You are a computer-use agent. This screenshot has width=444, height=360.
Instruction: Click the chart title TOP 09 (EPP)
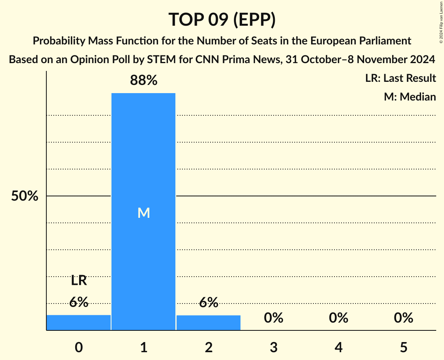coord(222,19)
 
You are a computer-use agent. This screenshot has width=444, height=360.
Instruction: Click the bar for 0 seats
coord(78,323)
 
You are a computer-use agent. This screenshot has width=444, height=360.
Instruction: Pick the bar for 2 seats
coord(209,323)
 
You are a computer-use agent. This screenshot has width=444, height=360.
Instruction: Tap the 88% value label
coord(143,81)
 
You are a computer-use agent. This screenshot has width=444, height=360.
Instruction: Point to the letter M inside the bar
coord(143,213)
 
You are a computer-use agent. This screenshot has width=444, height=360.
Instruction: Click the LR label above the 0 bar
coord(79,280)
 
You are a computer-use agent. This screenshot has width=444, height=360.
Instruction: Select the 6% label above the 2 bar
coord(209,302)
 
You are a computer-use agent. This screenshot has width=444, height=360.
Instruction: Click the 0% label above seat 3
coord(273,318)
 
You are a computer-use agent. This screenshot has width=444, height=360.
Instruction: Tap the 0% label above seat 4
coord(338,318)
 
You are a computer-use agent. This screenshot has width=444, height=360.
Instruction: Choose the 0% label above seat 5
coord(403,318)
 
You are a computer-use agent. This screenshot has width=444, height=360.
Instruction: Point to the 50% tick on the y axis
coord(25,196)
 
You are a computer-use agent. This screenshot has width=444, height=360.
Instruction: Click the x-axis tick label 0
coord(79,348)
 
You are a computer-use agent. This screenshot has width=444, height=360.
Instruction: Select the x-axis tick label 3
coord(273,348)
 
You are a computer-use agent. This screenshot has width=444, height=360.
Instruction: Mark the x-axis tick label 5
coord(403,348)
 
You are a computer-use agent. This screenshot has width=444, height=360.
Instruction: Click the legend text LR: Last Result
coord(400,78)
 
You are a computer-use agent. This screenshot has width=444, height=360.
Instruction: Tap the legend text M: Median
coord(410,97)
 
